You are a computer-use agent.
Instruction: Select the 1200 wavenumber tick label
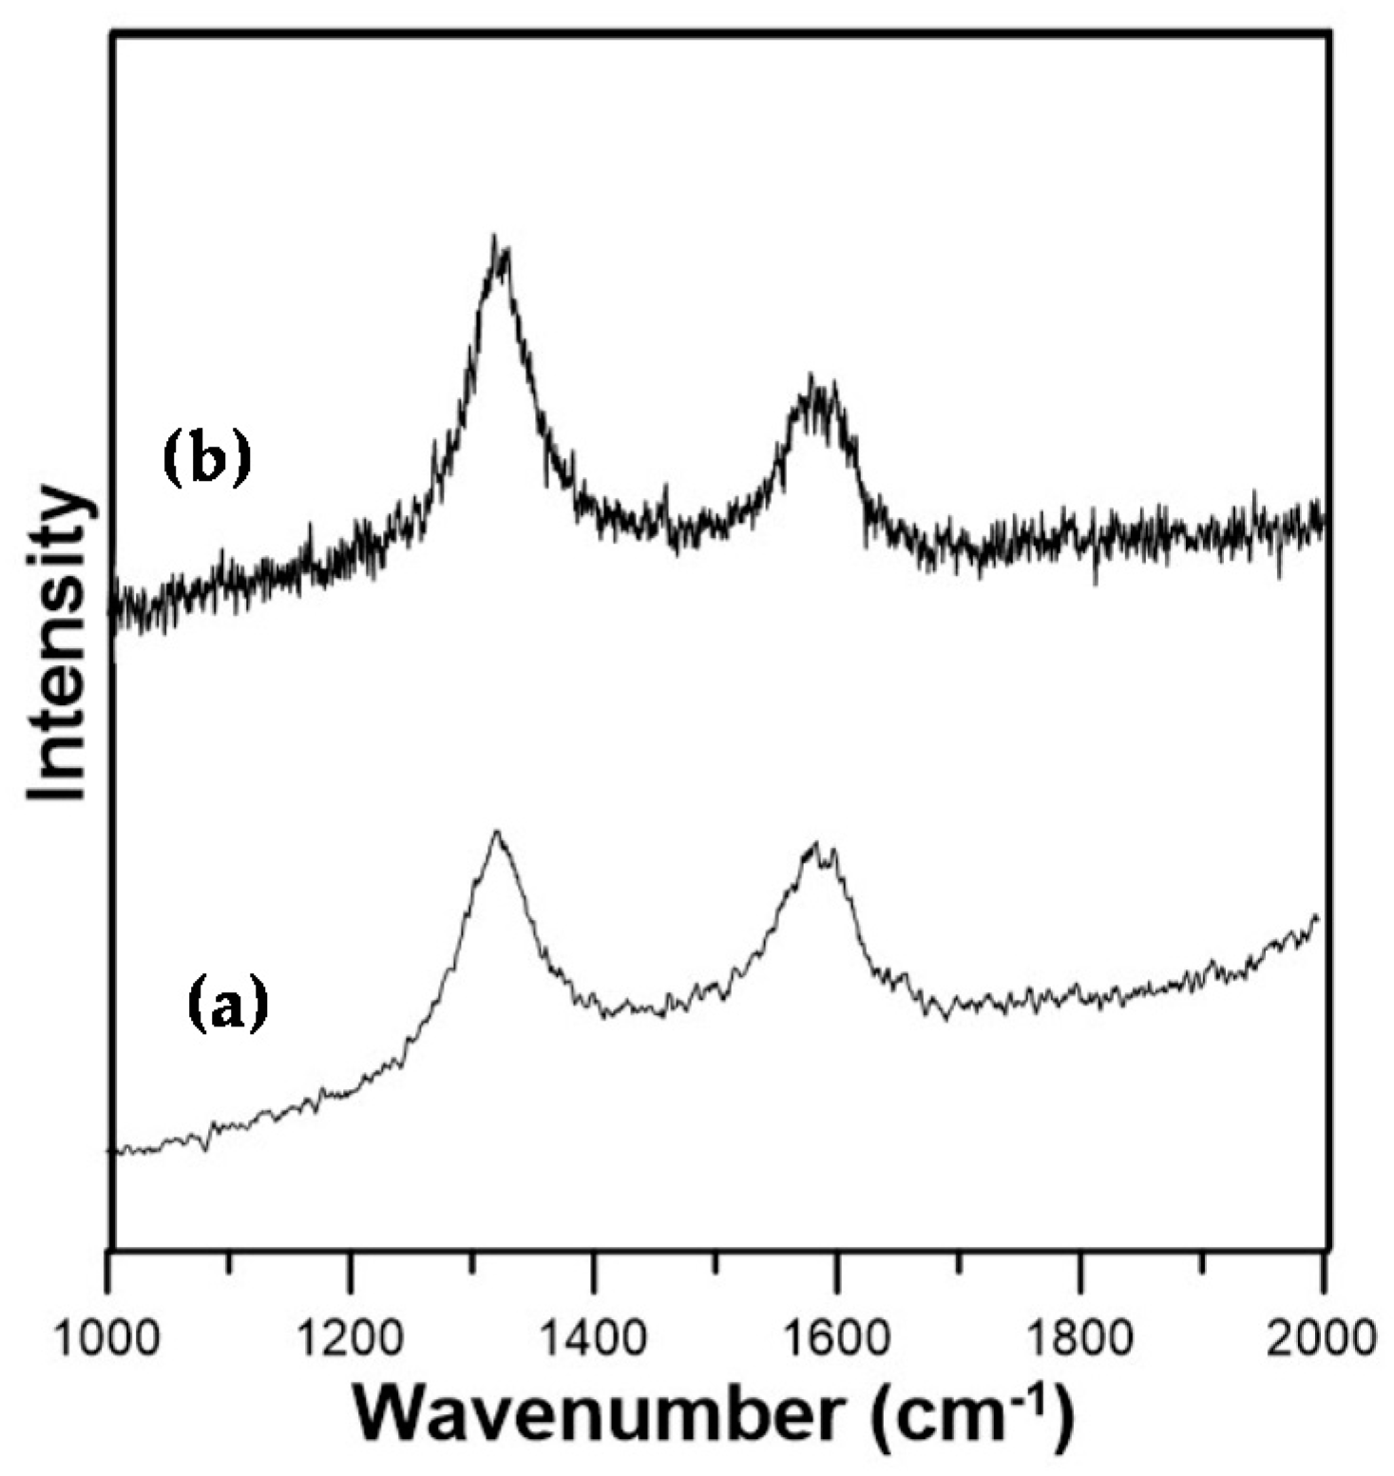[x=352, y=1338]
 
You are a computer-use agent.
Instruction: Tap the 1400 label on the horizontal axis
[x=594, y=1338]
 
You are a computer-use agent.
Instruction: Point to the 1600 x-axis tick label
[x=836, y=1338]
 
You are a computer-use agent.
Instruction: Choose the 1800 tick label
[x=1079, y=1338]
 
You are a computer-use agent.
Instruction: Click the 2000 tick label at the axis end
[x=1323, y=1338]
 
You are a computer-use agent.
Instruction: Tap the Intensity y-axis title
[x=57, y=645]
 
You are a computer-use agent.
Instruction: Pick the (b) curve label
[x=207, y=460]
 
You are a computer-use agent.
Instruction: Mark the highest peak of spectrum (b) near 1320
[x=493, y=237]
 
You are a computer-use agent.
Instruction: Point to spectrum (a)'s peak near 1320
[x=495, y=833]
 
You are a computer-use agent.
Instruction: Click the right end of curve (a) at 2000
[x=1316, y=916]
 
